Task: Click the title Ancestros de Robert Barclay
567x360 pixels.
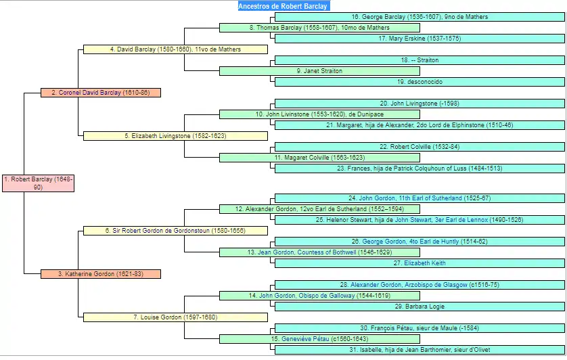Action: (x=283, y=6)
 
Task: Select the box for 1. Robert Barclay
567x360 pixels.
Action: (x=38, y=183)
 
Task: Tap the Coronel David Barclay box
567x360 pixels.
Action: (x=100, y=93)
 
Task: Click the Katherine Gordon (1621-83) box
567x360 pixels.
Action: (x=100, y=274)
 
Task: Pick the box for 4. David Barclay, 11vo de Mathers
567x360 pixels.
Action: (x=175, y=49)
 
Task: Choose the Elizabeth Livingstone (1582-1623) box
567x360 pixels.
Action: (x=175, y=136)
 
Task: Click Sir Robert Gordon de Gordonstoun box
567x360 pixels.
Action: (x=175, y=231)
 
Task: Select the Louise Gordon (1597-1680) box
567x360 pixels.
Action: (x=175, y=317)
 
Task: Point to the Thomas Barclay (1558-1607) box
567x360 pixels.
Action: (x=319, y=28)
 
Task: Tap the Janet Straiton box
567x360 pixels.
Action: (x=319, y=71)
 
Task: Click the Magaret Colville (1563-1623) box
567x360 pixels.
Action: (x=319, y=158)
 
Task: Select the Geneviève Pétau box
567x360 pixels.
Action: (x=319, y=339)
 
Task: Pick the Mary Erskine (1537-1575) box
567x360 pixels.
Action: (x=419, y=39)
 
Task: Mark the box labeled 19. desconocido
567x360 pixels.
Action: (x=419, y=82)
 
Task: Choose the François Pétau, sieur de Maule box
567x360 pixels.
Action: (x=419, y=328)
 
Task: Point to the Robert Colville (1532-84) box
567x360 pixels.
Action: (x=419, y=147)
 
